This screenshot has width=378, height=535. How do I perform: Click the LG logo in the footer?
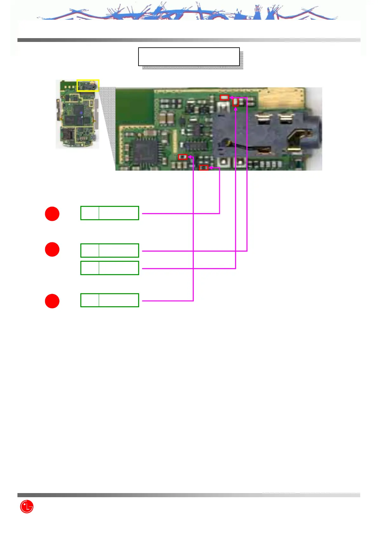coord(27,506)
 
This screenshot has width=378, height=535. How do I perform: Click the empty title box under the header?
coord(189,57)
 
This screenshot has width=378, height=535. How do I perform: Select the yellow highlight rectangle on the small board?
coord(88,85)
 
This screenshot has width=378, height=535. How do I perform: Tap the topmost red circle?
coord(52,214)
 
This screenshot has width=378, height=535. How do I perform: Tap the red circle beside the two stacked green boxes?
coord(52,249)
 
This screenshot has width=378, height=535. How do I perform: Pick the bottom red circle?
coord(52,301)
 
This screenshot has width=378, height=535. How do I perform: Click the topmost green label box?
coord(110,213)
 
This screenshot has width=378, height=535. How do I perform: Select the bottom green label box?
coord(110,300)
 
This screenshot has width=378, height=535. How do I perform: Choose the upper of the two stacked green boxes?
coord(110,250)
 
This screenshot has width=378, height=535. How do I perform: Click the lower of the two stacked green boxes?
coord(110,268)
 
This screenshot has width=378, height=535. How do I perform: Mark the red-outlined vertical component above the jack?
coord(235,102)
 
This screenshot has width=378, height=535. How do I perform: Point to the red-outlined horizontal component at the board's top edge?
coord(224,97)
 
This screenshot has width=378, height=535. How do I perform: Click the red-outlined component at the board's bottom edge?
coord(204,168)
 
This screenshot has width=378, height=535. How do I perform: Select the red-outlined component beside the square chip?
coord(183,157)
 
